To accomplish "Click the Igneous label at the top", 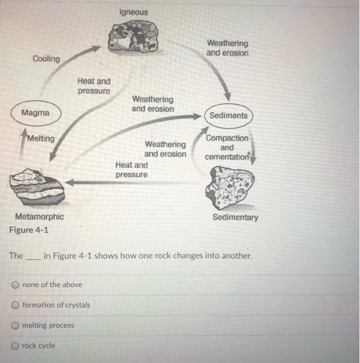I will coord(133,12).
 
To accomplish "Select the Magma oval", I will coord(36,113).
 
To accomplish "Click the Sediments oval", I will coord(228,115).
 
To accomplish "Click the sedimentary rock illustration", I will coord(229,187).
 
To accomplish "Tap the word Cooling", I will coord(46,59).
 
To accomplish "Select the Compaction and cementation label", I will coord(227,147).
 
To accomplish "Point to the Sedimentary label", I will coord(235,217).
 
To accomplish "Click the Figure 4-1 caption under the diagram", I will coord(29,230).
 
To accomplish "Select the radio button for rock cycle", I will coord(16,346).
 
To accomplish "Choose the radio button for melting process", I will coord(16,326).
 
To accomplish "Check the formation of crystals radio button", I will coord(16,305).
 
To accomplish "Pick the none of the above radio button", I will coord(16,285).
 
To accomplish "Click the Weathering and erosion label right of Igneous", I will coord(227,48).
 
